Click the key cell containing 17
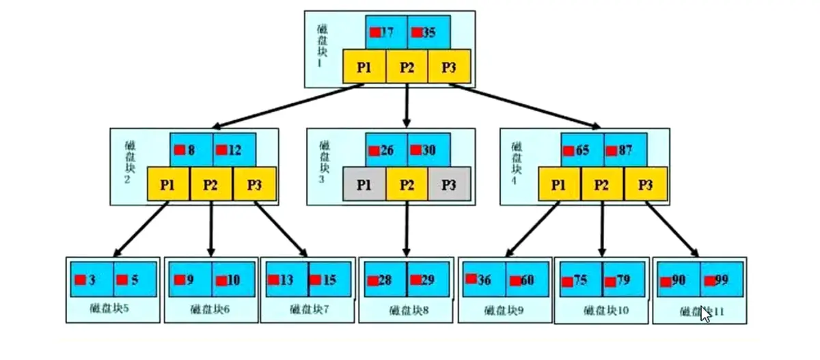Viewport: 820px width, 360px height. tap(386, 32)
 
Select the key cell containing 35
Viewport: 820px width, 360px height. tap(428, 32)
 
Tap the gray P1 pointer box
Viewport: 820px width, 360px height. tap(364, 184)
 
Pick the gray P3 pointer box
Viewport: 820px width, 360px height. tap(449, 184)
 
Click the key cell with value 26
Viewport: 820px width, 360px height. tap(386, 150)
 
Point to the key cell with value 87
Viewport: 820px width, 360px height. tap(625, 150)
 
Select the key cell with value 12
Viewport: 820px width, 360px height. tap(234, 150)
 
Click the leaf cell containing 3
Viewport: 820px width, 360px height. tap(92, 279)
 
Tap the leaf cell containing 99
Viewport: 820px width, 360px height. tap(722, 279)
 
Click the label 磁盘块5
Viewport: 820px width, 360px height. tap(109, 307)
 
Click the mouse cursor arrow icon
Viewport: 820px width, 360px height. tap(706, 314)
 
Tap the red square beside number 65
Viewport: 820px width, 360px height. tap(567, 150)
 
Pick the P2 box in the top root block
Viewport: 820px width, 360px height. tap(407, 66)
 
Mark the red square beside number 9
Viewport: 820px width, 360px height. tap(180, 279)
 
